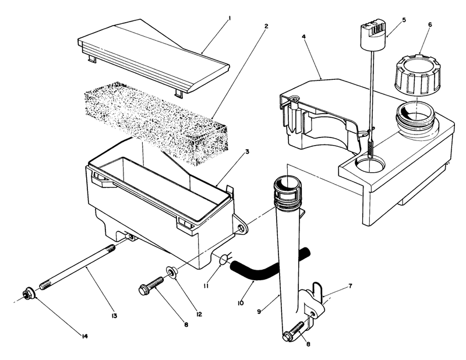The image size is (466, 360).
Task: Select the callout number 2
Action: pyautogui.click(x=266, y=27)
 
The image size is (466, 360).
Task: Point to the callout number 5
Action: pyautogui.click(x=404, y=19)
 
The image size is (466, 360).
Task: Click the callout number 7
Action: pyautogui.click(x=349, y=286)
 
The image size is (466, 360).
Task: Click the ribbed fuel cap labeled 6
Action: pyautogui.click(x=415, y=75)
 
